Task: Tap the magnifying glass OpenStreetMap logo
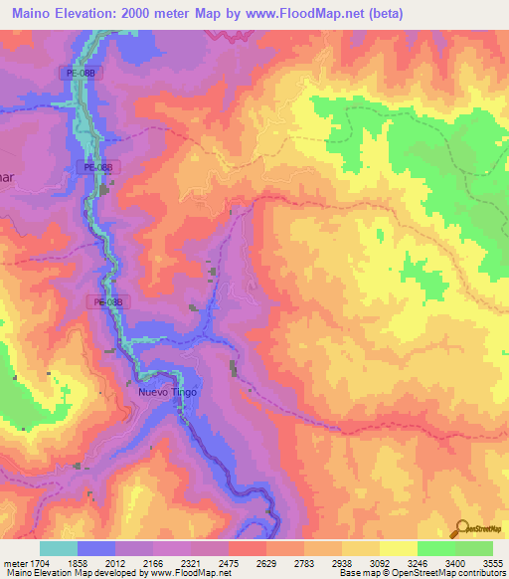[460, 529]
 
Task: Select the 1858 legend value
[78, 562]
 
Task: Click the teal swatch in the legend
[59, 548]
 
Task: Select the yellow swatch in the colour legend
[398, 548]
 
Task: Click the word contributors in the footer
[476, 574]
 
